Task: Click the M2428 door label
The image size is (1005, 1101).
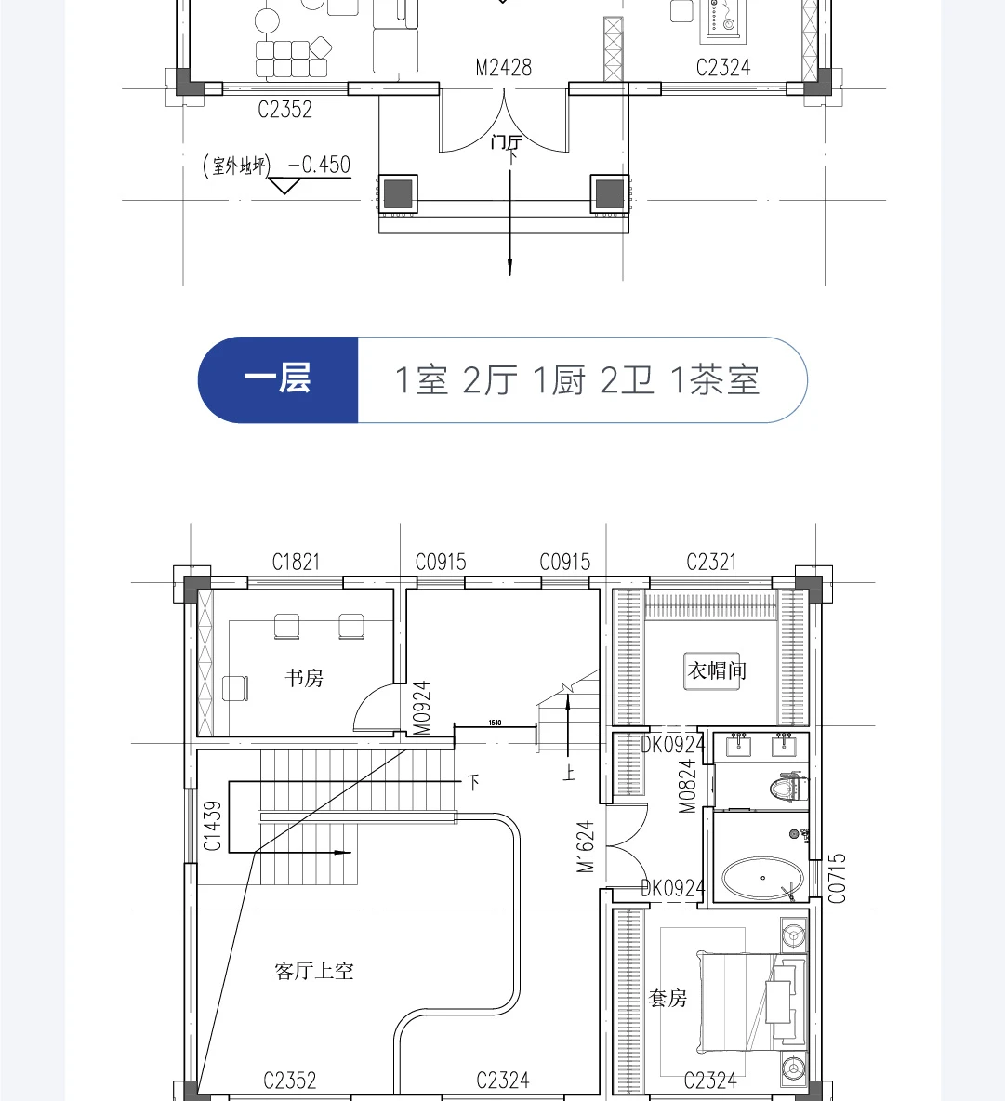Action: (x=503, y=67)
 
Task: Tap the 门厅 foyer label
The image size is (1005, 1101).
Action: (x=506, y=142)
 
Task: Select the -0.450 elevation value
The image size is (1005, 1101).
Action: (x=319, y=165)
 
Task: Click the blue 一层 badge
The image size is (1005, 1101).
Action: (x=278, y=380)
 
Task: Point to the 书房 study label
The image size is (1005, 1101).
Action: (x=304, y=678)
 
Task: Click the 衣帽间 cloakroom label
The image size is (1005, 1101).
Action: (x=716, y=670)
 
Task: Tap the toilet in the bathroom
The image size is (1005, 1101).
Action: (x=788, y=787)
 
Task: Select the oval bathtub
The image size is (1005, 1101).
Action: (x=762, y=878)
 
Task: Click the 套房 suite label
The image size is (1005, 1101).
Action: (x=668, y=998)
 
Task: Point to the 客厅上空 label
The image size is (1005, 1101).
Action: (x=313, y=971)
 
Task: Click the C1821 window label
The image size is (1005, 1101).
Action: (x=296, y=562)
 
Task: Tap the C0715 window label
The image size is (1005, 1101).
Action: (x=837, y=879)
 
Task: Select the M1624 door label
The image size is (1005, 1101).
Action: (x=586, y=847)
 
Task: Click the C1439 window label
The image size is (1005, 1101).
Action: (x=212, y=826)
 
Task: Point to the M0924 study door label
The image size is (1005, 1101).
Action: (x=421, y=709)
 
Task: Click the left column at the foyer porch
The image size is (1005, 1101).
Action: (x=398, y=193)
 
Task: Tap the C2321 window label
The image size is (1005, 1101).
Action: (x=711, y=562)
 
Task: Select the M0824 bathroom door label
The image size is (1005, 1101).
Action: (x=687, y=786)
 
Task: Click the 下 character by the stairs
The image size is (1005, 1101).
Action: (x=474, y=782)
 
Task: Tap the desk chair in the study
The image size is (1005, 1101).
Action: (x=235, y=688)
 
